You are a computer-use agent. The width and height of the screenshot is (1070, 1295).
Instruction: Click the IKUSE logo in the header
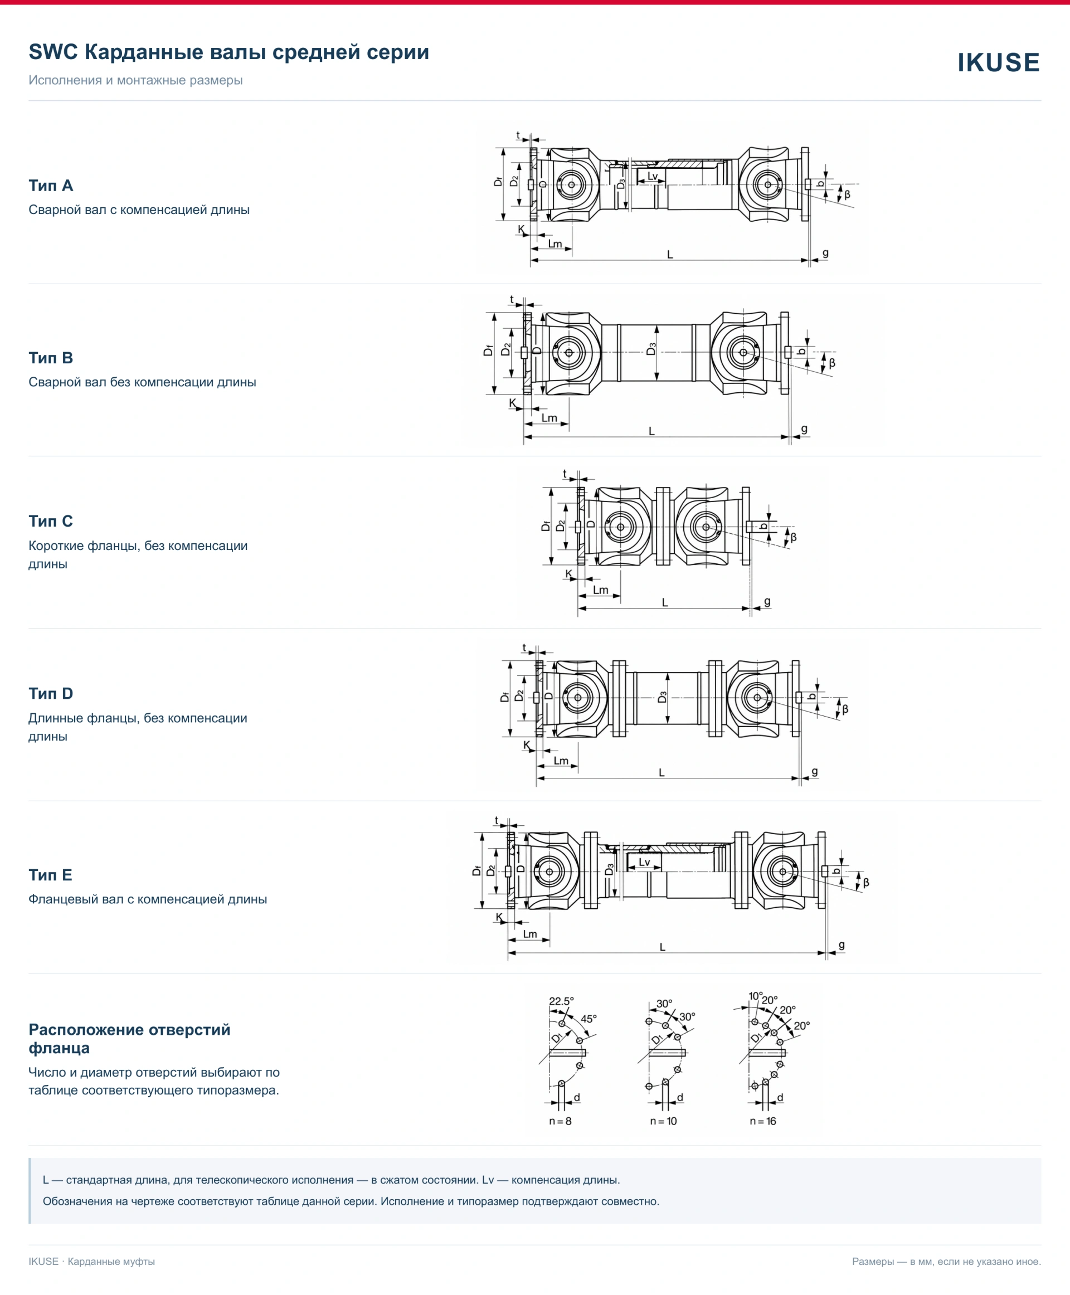999,62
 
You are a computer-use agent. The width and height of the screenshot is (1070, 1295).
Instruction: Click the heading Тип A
51,186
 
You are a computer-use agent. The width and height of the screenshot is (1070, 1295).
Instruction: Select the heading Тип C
51,521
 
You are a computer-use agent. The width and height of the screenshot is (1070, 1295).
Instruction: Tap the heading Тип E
51,875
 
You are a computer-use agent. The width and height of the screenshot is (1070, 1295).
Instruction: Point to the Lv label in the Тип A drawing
653,176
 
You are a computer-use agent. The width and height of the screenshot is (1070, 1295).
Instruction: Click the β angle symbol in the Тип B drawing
832,363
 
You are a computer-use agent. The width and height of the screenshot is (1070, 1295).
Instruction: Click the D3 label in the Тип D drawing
663,697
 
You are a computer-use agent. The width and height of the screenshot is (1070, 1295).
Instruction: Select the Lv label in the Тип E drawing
644,861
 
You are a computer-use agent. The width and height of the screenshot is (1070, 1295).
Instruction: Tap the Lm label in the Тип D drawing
561,761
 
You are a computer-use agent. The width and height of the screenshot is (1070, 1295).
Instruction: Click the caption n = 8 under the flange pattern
560,1121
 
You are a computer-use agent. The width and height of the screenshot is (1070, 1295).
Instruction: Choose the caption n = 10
663,1121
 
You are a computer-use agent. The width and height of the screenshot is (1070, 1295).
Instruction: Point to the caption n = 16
763,1121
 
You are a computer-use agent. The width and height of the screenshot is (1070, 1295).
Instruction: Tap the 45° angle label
588,1019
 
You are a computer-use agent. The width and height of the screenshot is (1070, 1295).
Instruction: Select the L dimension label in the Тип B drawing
651,431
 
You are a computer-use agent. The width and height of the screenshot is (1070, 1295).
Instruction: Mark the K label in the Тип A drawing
522,229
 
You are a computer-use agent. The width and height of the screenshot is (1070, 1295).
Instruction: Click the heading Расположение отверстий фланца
129,1039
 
